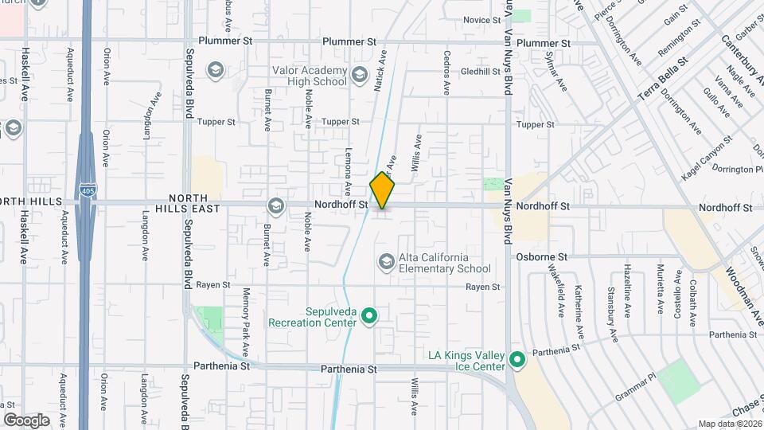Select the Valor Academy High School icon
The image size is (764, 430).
359,76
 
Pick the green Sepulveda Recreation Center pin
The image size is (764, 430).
368,317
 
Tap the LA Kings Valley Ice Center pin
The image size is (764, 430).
516,361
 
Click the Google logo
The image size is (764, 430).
26,420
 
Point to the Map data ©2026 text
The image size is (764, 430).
730,424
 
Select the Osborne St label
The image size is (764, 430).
541,257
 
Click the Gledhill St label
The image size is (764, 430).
478,71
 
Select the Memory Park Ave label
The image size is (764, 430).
247,321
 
